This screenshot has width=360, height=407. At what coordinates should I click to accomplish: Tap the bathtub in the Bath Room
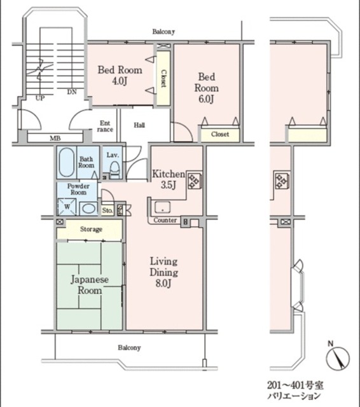(x=66, y=163)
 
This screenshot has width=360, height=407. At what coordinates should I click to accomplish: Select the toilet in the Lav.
(x=114, y=170)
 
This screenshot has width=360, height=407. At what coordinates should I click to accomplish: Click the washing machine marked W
(x=67, y=207)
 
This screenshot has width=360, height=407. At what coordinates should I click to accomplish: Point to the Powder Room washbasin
(x=88, y=209)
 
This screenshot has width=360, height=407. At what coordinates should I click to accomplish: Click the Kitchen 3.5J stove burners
(x=195, y=180)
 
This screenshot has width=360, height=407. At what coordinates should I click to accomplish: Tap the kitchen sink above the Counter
(x=162, y=207)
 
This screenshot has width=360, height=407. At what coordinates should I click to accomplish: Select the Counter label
(x=165, y=221)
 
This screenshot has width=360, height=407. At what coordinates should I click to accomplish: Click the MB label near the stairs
(x=55, y=139)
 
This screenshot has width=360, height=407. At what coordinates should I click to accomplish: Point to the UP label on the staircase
(x=40, y=98)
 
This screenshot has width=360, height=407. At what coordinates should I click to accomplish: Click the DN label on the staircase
(x=72, y=92)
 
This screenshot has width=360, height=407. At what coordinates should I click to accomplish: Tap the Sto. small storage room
(x=107, y=210)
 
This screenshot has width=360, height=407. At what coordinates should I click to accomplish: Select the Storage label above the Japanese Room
(x=91, y=229)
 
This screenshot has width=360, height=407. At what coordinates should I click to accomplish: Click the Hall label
(x=139, y=125)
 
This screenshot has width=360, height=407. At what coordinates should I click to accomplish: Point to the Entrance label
(x=105, y=126)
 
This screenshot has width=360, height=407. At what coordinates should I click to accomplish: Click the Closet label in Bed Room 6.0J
(x=220, y=134)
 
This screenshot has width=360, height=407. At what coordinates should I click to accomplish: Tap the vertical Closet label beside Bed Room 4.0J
(x=163, y=78)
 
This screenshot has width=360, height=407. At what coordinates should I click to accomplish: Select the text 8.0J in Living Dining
(x=163, y=284)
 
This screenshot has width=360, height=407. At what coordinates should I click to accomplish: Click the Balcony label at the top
(x=163, y=32)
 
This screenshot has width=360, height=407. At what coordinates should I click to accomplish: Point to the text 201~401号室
(x=295, y=385)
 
